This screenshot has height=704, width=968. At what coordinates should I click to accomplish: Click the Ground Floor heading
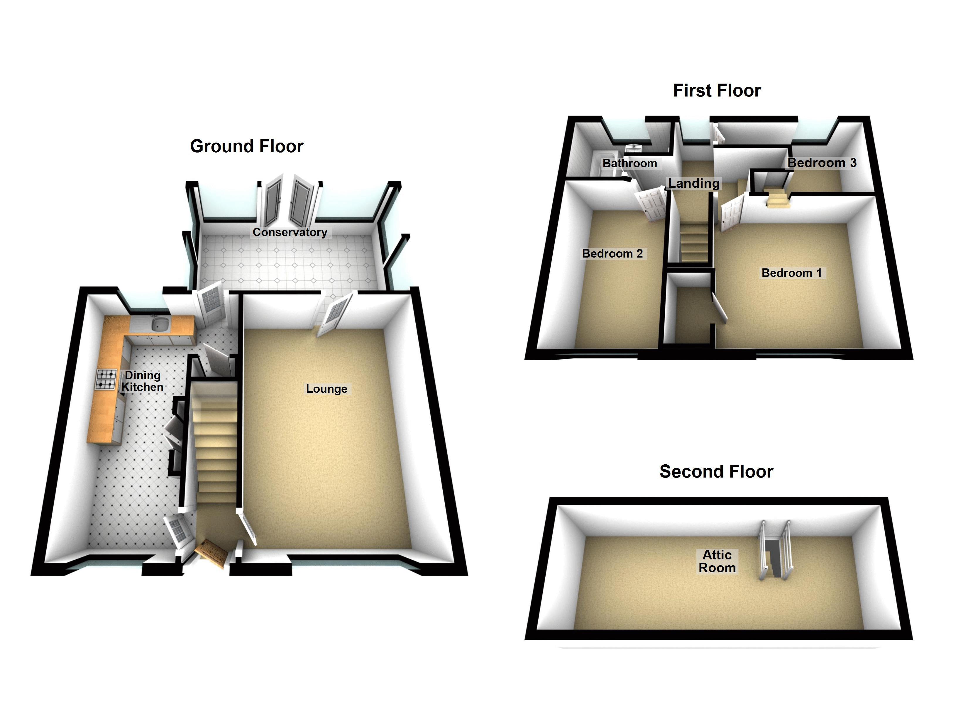tap(246, 146)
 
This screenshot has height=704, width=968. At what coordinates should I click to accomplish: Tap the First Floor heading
tap(717, 91)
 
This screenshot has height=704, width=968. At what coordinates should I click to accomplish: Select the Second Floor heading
tap(716, 472)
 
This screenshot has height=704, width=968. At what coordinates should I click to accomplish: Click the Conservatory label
tap(290, 232)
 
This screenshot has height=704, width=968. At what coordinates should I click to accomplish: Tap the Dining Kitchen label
tap(143, 381)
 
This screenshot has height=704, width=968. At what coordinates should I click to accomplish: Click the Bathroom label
tap(629, 163)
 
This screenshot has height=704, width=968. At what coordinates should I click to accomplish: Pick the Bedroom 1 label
tap(791, 273)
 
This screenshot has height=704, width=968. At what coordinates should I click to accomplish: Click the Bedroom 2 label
tap(612, 254)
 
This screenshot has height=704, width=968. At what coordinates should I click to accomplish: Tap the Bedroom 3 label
tap(822, 163)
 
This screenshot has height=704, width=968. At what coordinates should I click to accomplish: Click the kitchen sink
tap(160, 324)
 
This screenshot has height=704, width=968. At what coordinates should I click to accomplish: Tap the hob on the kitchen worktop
tap(105, 379)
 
